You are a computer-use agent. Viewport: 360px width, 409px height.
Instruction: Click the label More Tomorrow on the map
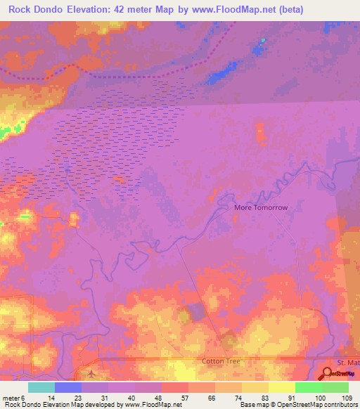(x=261, y=208)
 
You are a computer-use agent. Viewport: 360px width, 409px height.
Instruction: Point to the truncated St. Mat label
(x=348, y=361)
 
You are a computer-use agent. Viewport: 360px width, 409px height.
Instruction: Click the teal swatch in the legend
(x=41, y=387)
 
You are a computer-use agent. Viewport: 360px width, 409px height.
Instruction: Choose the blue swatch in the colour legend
(x=68, y=387)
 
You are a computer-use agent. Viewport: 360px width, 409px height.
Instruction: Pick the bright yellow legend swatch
(x=282, y=387)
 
